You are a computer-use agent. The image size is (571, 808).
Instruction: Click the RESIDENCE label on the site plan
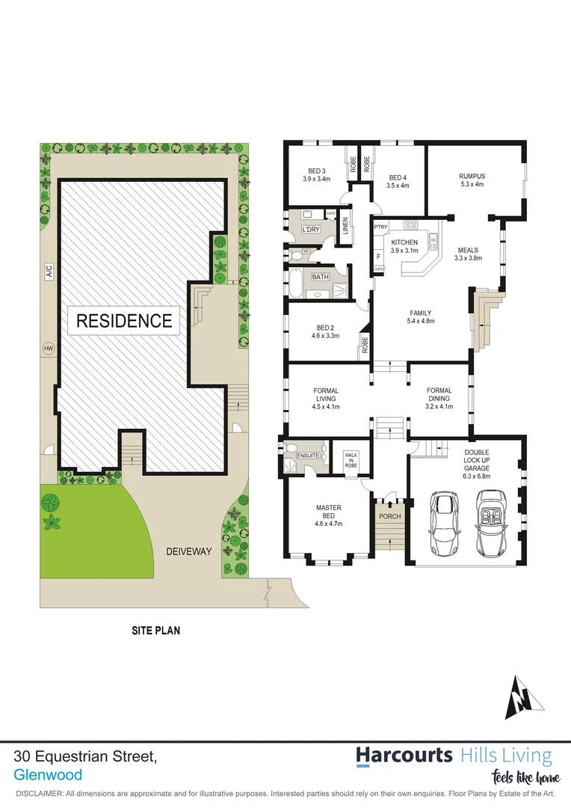coord(124,321)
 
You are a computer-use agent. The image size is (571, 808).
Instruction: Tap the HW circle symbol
coord(49,349)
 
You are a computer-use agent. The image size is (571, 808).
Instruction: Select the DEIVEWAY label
coord(189,551)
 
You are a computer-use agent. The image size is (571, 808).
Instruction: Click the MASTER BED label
coord(328,512)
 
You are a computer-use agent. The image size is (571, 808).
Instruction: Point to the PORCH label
coord(389,516)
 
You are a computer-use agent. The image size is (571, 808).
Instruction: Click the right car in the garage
coord(492,524)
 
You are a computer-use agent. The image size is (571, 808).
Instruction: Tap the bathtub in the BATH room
coord(297,286)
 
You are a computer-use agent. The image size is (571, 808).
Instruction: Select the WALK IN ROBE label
coord(351,459)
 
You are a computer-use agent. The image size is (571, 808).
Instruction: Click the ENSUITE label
coord(309,455)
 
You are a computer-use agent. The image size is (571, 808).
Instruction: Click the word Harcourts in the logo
coord(404,755)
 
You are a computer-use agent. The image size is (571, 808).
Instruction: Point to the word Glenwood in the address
coord(48,776)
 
